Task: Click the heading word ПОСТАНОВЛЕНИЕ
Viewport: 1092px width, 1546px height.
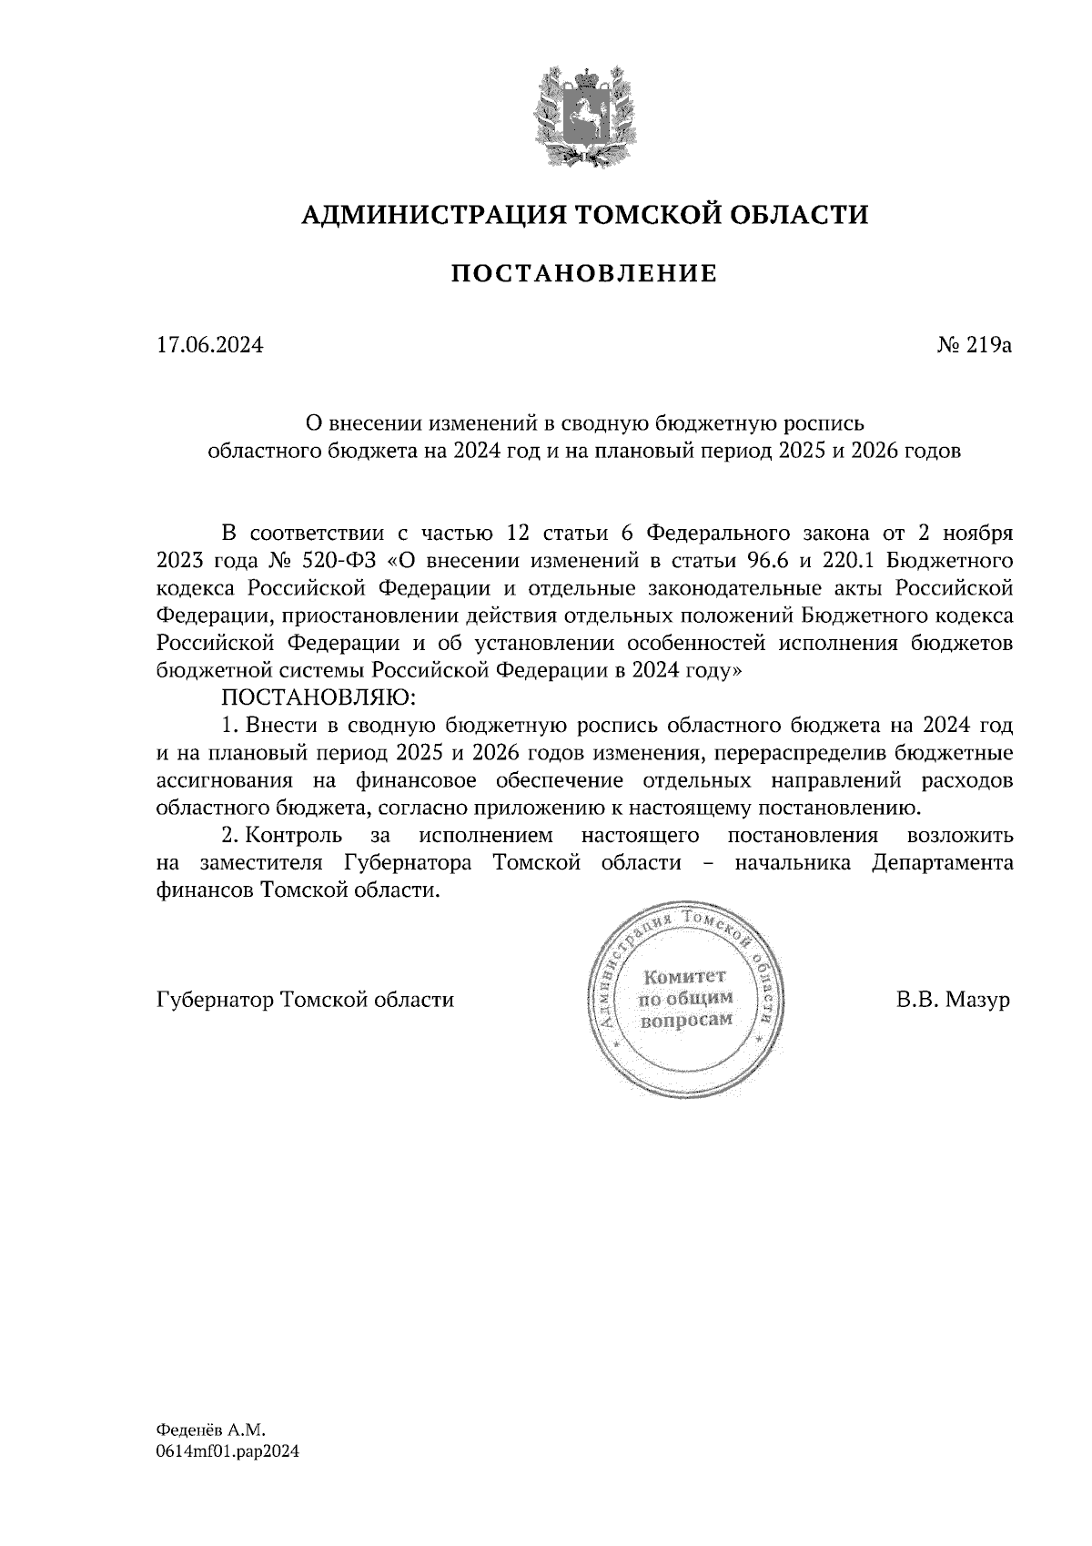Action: pos(584,273)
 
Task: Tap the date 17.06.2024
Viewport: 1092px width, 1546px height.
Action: pos(210,346)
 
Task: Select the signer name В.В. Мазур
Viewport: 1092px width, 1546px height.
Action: pos(953,1000)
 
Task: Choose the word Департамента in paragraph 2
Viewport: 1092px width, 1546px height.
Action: pos(942,863)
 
